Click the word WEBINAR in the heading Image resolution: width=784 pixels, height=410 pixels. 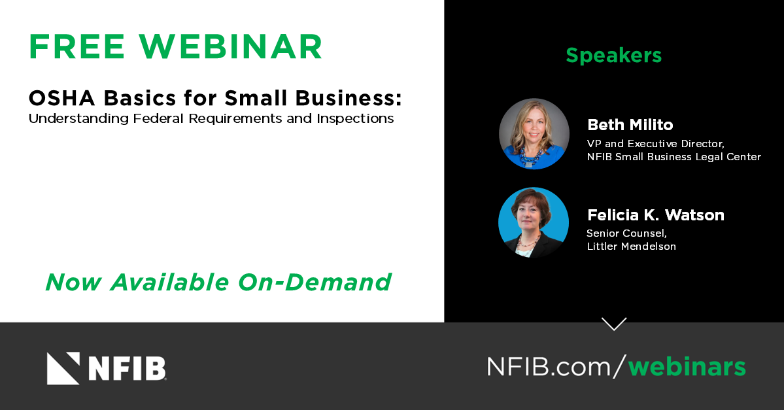point(231,47)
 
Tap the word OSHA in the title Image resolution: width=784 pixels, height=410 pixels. point(62,98)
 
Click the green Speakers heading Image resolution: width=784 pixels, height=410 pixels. point(613,56)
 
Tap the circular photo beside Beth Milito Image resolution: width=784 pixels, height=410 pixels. point(534,133)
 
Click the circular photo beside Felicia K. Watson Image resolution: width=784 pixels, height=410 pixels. point(534,222)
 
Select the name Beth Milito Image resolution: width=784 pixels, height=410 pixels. point(630,124)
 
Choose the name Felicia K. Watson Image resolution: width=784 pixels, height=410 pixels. point(655,215)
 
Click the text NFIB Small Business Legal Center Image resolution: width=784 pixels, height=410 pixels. point(674,157)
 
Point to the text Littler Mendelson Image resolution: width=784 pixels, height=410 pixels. point(632,247)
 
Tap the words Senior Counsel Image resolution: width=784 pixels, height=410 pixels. point(626,233)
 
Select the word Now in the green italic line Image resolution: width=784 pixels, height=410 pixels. point(73,282)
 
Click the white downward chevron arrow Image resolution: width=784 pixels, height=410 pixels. point(614,324)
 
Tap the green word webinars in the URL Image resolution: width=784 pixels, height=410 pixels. point(687,366)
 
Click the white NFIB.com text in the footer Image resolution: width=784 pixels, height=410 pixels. point(549,366)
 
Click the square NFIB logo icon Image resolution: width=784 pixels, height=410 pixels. point(63,369)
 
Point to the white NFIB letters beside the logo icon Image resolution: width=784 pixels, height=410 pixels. point(127,369)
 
